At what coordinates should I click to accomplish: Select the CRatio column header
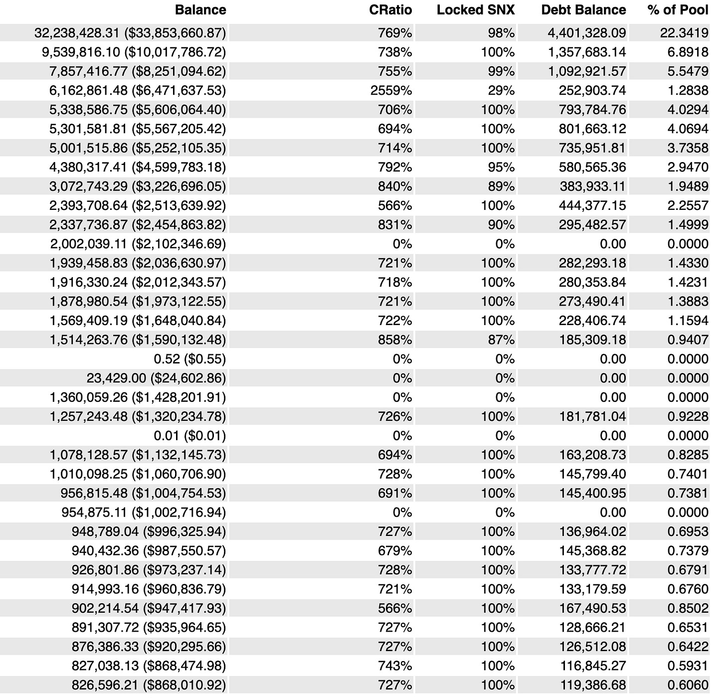point(390,10)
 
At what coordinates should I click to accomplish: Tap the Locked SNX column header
point(475,10)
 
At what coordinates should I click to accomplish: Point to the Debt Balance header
point(583,10)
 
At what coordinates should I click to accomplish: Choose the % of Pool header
point(678,10)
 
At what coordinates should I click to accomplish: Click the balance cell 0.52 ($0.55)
point(189,359)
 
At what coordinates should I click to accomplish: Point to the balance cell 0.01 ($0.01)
point(189,436)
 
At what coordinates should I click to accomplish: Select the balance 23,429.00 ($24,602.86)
point(156,378)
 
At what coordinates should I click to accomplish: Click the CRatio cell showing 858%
point(395,340)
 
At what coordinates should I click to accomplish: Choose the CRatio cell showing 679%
point(395,551)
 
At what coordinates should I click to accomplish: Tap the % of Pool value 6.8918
point(688,52)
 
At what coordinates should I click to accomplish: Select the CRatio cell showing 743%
point(395,666)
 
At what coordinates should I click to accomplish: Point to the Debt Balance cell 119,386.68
point(592,685)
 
